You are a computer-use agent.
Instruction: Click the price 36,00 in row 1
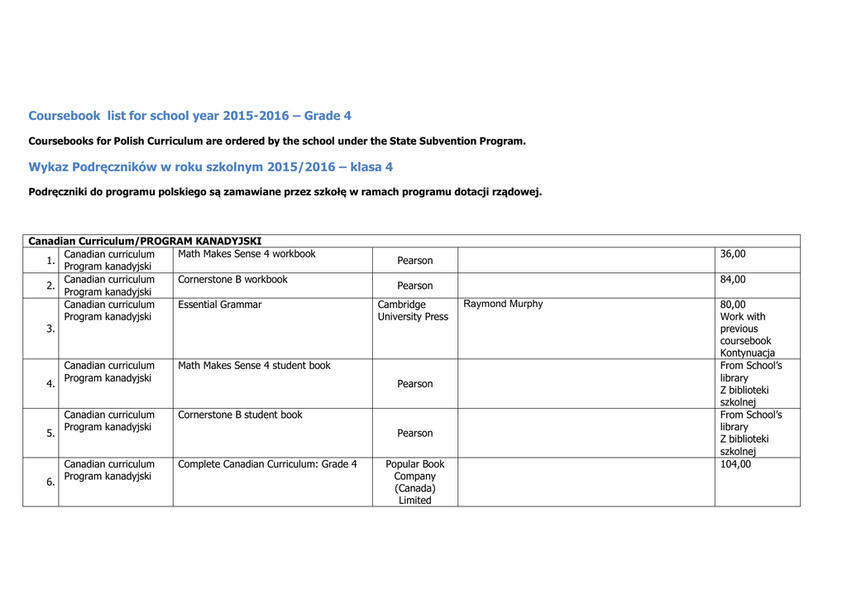point(733,254)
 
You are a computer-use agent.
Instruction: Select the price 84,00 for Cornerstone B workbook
point(733,280)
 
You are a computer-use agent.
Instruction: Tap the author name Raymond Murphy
point(503,304)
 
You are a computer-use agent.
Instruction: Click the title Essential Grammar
point(219,305)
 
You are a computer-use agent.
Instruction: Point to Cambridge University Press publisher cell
point(413,310)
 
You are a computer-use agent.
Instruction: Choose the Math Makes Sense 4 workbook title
point(246,254)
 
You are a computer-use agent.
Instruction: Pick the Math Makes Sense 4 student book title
point(254,365)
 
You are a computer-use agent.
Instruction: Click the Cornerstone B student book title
point(240,415)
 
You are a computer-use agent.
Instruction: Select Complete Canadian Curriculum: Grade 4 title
point(267,464)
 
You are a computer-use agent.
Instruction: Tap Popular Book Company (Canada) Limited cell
point(414,482)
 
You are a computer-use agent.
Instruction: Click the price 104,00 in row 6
point(735,464)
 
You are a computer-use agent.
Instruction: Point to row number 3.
point(50,329)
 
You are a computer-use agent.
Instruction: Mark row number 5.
point(50,433)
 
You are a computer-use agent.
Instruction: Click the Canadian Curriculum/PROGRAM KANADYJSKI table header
point(145,241)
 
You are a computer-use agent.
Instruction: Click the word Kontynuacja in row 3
point(748,353)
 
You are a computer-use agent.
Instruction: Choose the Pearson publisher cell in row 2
point(414,286)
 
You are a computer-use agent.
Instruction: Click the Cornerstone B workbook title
point(232,280)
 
